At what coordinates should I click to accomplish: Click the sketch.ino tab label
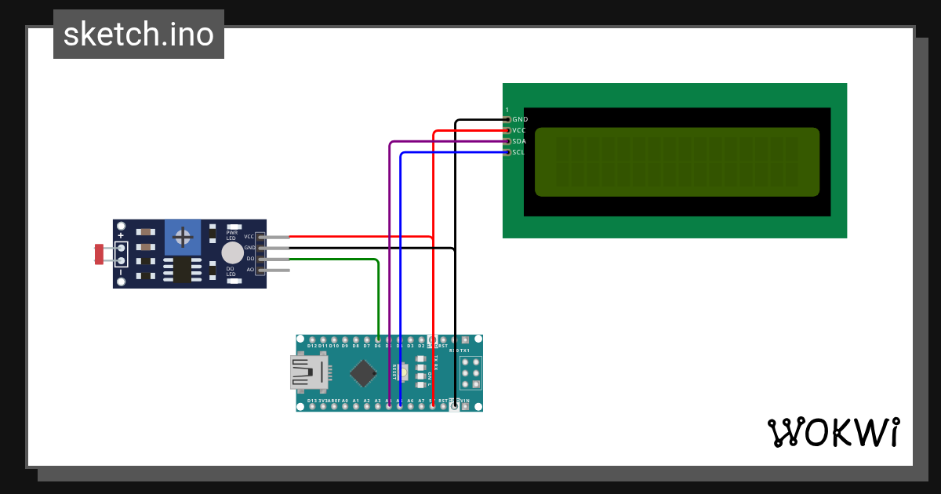pos(139,35)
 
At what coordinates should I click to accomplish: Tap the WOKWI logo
pos(833,432)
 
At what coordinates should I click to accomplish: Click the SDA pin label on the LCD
pos(519,141)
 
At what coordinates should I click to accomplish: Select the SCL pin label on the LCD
pos(518,152)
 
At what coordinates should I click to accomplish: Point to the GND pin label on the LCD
pos(520,119)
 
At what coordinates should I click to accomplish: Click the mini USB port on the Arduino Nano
pos(309,372)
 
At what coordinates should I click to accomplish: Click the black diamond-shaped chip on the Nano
pos(363,373)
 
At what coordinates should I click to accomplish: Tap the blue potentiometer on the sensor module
pos(183,237)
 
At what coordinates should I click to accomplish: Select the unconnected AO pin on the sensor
pos(278,271)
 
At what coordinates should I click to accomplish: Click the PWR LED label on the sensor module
pos(231,234)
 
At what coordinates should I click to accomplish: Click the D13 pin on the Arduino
pos(312,405)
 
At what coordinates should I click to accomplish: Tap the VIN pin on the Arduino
pos(465,405)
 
